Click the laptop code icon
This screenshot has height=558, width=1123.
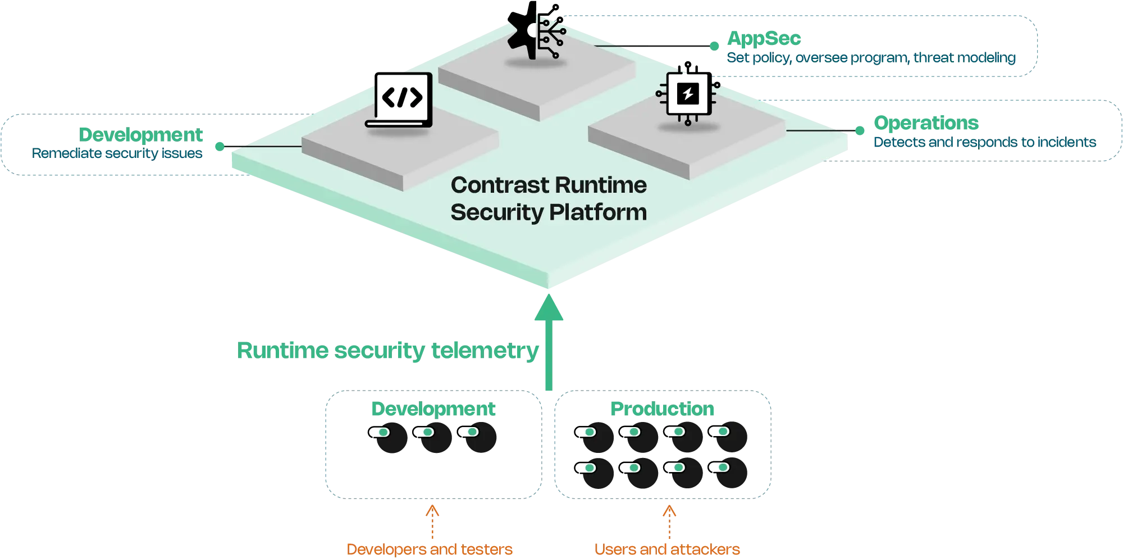(x=399, y=99)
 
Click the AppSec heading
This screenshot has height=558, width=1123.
(x=764, y=38)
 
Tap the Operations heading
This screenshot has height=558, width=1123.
(x=925, y=123)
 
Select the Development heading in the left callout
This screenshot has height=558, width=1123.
(x=141, y=135)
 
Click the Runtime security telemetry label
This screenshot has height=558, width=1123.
(x=387, y=351)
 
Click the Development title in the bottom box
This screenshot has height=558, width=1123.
(x=433, y=409)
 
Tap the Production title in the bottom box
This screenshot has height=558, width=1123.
(x=662, y=409)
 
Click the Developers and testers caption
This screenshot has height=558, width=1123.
(x=430, y=549)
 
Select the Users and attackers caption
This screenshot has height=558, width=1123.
(x=667, y=549)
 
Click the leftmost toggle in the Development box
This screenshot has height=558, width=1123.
(x=379, y=432)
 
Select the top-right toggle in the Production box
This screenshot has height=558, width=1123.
(x=719, y=432)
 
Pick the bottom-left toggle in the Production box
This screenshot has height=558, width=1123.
(x=585, y=468)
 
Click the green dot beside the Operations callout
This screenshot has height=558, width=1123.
(x=860, y=131)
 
